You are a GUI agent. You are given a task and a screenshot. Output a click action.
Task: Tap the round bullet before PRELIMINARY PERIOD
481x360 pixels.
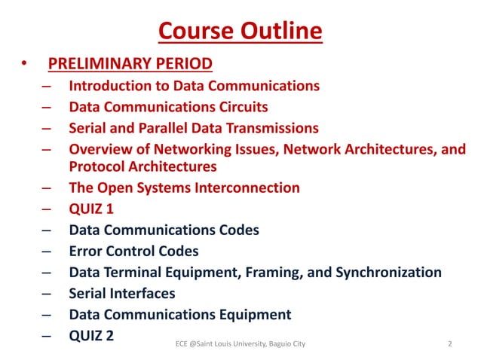[x=25, y=63]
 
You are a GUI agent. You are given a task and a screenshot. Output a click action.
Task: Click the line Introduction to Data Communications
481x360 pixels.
[x=194, y=86]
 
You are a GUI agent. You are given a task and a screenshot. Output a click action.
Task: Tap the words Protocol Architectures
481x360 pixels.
[x=142, y=166]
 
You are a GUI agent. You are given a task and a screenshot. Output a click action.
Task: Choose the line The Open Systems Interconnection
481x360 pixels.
[x=184, y=188]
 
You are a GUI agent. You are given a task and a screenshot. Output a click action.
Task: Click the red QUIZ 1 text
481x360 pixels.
[x=91, y=209]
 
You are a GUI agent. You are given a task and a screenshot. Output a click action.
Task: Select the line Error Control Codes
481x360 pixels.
[x=133, y=251]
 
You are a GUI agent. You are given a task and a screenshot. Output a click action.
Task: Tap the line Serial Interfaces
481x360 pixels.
[x=121, y=293]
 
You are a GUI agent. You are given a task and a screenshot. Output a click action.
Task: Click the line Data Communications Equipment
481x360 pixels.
[x=179, y=314]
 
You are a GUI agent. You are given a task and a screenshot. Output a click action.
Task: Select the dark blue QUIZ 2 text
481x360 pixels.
[x=91, y=335]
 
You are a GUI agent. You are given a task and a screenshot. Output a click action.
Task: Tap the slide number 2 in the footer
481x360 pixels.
[x=449, y=344]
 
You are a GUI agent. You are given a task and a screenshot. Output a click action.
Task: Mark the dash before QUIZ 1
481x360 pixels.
[x=47, y=209]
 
